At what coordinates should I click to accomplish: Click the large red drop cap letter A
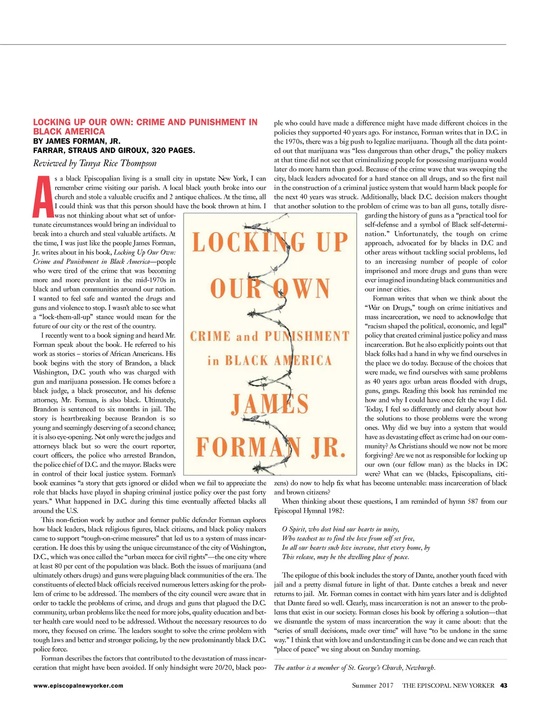point(43,196)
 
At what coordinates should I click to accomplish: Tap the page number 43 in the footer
point(504,686)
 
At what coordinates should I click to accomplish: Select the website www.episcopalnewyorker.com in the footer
point(78,686)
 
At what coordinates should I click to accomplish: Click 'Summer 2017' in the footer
point(373,686)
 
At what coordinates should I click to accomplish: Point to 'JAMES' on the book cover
point(269,405)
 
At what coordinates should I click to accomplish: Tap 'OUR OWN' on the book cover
point(269,288)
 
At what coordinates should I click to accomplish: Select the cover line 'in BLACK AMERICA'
point(269,361)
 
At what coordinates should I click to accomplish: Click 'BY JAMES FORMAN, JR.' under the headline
point(76,141)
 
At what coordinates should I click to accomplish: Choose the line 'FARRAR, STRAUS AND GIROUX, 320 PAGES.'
point(114,150)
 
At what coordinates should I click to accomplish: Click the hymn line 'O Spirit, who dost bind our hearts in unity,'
point(341,529)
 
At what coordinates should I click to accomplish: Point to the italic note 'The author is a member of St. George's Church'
point(354,668)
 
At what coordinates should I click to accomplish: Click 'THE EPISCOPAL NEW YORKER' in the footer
point(448,686)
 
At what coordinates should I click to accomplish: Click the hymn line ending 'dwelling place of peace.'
point(345,557)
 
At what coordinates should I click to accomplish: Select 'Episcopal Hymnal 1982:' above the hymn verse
point(309,511)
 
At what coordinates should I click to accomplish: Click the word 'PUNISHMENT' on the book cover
point(306,336)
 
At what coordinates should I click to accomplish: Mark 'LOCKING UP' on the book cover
point(269,242)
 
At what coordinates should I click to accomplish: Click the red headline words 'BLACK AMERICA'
point(69,131)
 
